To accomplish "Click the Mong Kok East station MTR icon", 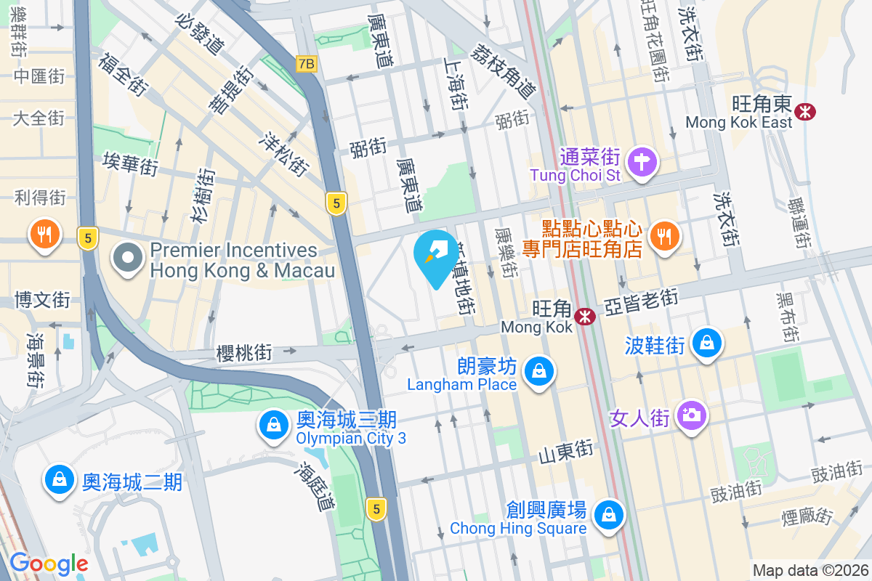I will pyautogui.click(x=804, y=111).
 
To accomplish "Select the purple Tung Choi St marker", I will pyautogui.click(x=642, y=161).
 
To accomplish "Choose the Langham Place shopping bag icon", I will pyautogui.click(x=539, y=371).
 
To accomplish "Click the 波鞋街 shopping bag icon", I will pyautogui.click(x=706, y=344).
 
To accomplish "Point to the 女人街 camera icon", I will pyautogui.click(x=690, y=415).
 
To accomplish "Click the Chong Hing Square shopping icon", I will pyautogui.click(x=607, y=515).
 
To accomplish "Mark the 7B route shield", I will pyautogui.click(x=307, y=64).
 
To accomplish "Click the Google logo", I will pyautogui.click(x=49, y=563).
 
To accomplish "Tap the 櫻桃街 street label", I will pyautogui.click(x=244, y=353).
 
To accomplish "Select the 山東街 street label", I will pyautogui.click(x=566, y=452).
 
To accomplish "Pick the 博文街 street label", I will pyautogui.click(x=43, y=299).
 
